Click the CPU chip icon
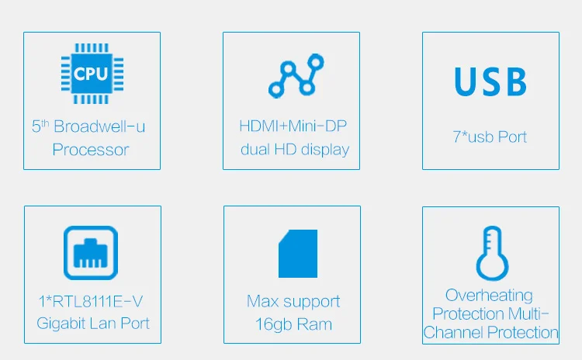coord(92,74)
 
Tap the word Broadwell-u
coord(99,126)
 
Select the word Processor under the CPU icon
coord(91,150)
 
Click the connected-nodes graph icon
coord(296,76)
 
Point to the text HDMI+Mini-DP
coord(293,126)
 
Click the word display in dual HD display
coord(325,150)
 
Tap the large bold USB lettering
coord(490,81)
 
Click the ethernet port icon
coord(91,253)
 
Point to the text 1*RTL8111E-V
coord(91,301)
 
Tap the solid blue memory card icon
coord(298,254)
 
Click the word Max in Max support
coord(263,301)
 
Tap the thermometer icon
coord(492,253)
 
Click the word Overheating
coord(489,296)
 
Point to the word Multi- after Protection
coord(528,314)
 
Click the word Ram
coord(314,324)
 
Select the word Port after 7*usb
coord(512,137)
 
